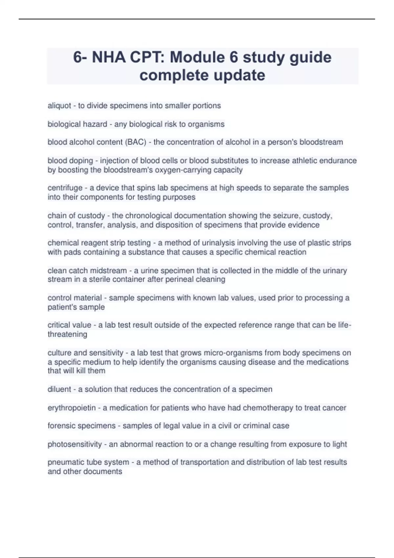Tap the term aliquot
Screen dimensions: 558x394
pyautogui.click(x=59, y=106)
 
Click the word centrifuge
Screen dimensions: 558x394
pyautogui.click(x=65, y=188)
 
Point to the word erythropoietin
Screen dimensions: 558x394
pyautogui.click(x=72, y=408)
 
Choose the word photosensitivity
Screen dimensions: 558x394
pyautogui.click(x=75, y=444)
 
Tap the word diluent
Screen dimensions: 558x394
pyautogui.click(x=59, y=389)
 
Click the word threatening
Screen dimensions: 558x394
pyautogui.click(x=67, y=334)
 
